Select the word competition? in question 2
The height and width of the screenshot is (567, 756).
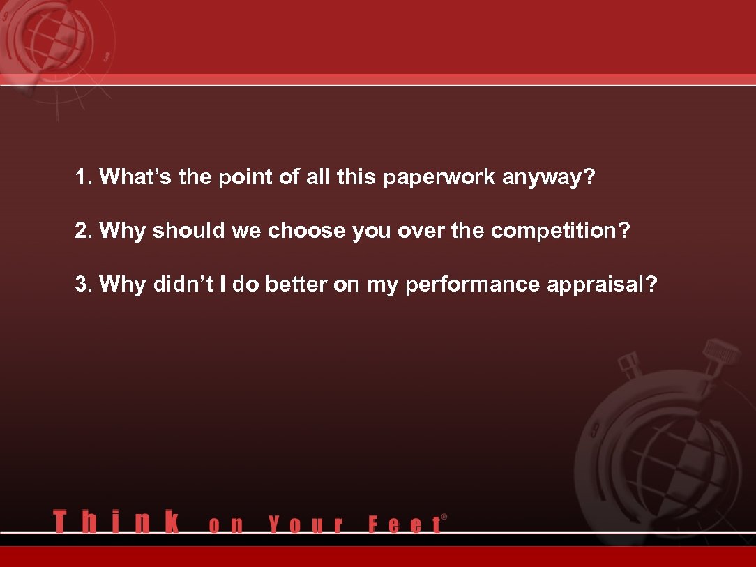pos(560,231)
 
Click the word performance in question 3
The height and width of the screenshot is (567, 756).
pos(472,285)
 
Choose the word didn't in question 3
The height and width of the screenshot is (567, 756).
pos(179,285)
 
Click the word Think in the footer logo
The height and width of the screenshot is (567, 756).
pos(115,522)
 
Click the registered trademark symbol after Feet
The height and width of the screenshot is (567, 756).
pos(444,517)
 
